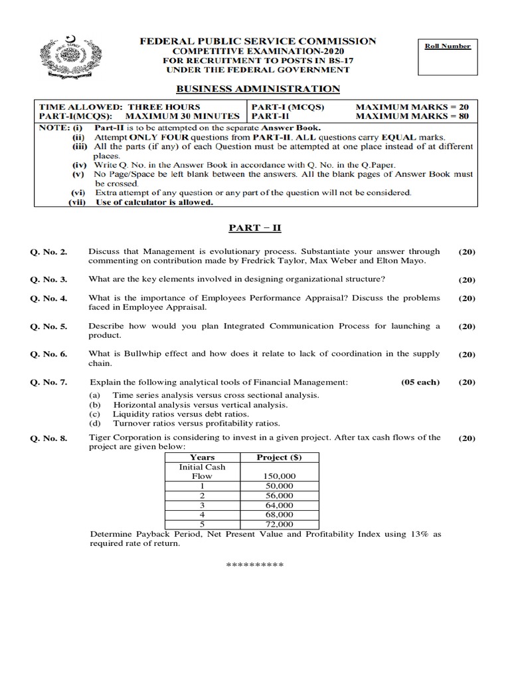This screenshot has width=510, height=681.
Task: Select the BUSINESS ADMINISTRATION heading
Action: coord(258,89)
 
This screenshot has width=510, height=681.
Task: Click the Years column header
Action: coord(202,458)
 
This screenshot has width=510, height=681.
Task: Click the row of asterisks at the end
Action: coord(255,565)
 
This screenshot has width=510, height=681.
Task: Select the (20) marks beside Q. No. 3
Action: coord(467,280)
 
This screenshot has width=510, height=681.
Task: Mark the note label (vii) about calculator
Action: coord(80,203)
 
